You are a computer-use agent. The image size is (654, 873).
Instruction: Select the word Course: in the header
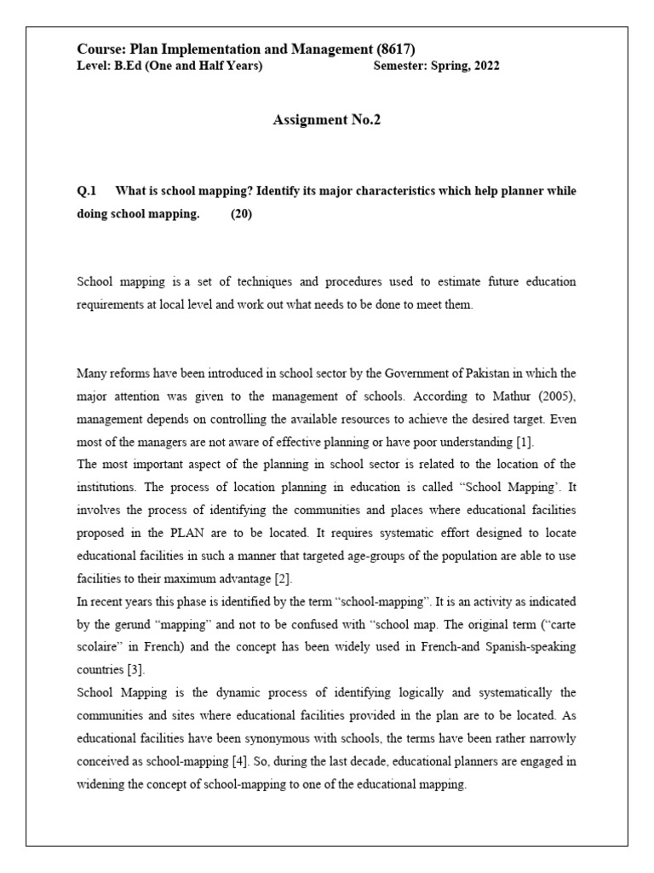click(101, 49)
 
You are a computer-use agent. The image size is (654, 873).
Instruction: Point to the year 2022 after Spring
click(485, 66)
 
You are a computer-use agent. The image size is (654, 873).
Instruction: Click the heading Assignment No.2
click(326, 120)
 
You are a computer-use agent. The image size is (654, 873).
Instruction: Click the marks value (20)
click(241, 215)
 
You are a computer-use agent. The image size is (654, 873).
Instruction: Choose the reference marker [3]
click(146, 670)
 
